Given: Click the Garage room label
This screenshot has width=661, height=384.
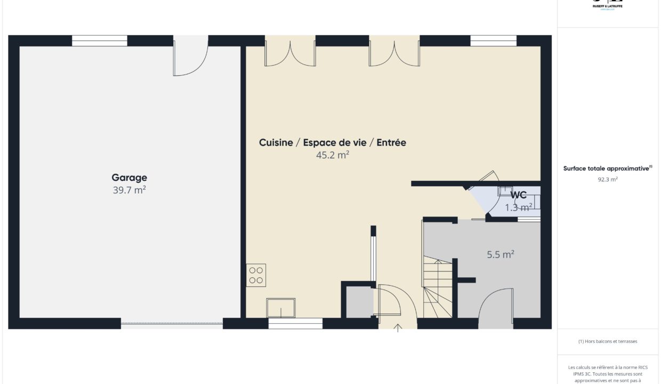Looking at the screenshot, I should [x=129, y=178].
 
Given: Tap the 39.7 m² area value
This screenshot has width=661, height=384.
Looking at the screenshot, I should [x=129, y=190].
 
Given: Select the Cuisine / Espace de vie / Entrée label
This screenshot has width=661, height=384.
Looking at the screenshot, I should [x=333, y=142].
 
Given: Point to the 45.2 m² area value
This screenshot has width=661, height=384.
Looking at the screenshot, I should [x=333, y=155].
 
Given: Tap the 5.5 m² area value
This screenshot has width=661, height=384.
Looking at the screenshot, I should [x=501, y=255].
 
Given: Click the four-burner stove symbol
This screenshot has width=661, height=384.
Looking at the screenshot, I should [x=256, y=275].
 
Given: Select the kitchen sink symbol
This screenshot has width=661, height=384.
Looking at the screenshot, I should [x=281, y=308].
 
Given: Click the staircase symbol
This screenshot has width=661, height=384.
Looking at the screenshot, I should [x=438, y=288].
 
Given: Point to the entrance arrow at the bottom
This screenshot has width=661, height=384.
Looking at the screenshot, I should [x=398, y=327].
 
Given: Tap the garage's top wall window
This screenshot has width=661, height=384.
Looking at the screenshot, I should [x=100, y=41].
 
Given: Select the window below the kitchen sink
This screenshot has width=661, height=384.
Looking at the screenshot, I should [x=295, y=323].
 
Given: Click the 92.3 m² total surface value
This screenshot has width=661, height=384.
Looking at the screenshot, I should [x=608, y=180].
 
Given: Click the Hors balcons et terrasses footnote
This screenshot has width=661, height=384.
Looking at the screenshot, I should [x=608, y=341].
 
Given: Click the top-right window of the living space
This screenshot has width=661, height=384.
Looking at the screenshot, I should [x=494, y=41].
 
